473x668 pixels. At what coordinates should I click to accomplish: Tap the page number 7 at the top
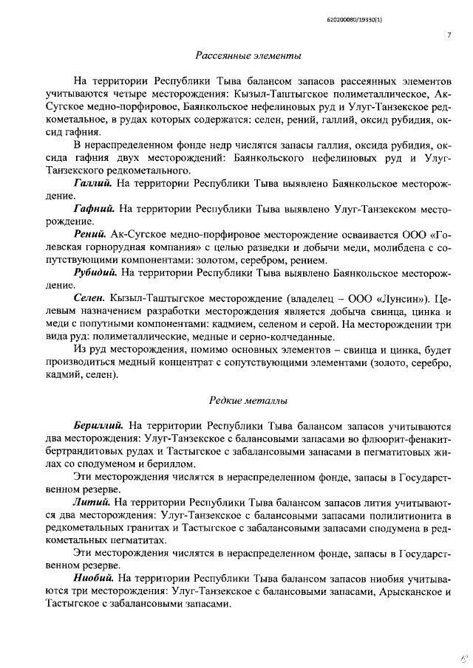[449, 33]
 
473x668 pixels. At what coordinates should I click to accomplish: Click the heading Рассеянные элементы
[248, 55]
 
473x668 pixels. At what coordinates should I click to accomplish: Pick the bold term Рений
[89, 234]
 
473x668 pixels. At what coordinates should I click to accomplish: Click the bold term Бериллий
[99, 425]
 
